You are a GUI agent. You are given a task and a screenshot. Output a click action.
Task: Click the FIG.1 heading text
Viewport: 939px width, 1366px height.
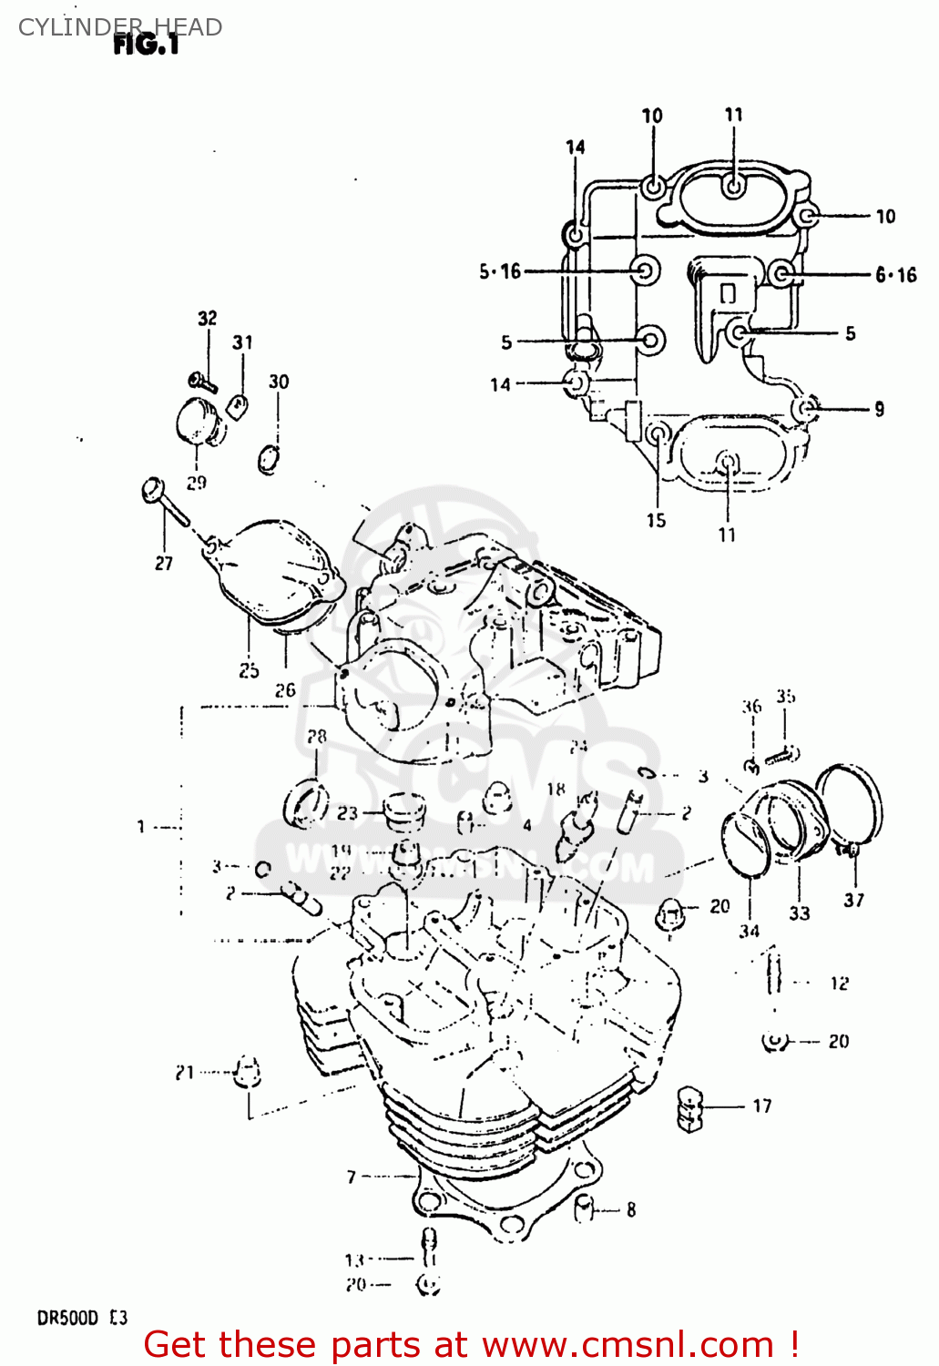click(x=146, y=45)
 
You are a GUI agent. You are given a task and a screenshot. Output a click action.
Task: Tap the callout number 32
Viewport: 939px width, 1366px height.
click(x=208, y=318)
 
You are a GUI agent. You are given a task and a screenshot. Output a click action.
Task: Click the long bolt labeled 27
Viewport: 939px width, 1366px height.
click(x=165, y=502)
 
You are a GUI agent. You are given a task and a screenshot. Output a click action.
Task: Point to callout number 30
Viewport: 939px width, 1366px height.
click(x=279, y=382)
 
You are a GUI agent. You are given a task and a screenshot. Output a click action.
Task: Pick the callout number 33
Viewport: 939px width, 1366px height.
click(x=800, y=912)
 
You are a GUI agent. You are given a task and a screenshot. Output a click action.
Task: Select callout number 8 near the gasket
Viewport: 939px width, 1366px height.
click(x=631, y=1210)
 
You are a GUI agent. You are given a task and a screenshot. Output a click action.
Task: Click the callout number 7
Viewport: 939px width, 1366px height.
click(x=352, y=1177)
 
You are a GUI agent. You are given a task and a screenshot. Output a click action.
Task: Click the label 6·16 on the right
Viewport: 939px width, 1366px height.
click(x=896, y=275)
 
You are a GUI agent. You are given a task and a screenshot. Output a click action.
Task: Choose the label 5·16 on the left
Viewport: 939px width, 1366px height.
click(x=500, y=270)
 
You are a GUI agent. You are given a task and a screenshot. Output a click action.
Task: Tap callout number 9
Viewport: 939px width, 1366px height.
click(x=879, y=409)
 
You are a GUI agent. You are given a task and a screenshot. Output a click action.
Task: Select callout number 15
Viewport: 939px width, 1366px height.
click(x=657, y=520)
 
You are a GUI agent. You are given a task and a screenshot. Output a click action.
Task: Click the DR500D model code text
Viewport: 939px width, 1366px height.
click(x=67, y=1318)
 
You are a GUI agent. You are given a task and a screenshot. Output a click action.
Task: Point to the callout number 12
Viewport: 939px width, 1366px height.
click(x=839, y=984)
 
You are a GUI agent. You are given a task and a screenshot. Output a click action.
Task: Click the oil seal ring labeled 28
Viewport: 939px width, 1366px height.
click(x=305, y=805)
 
